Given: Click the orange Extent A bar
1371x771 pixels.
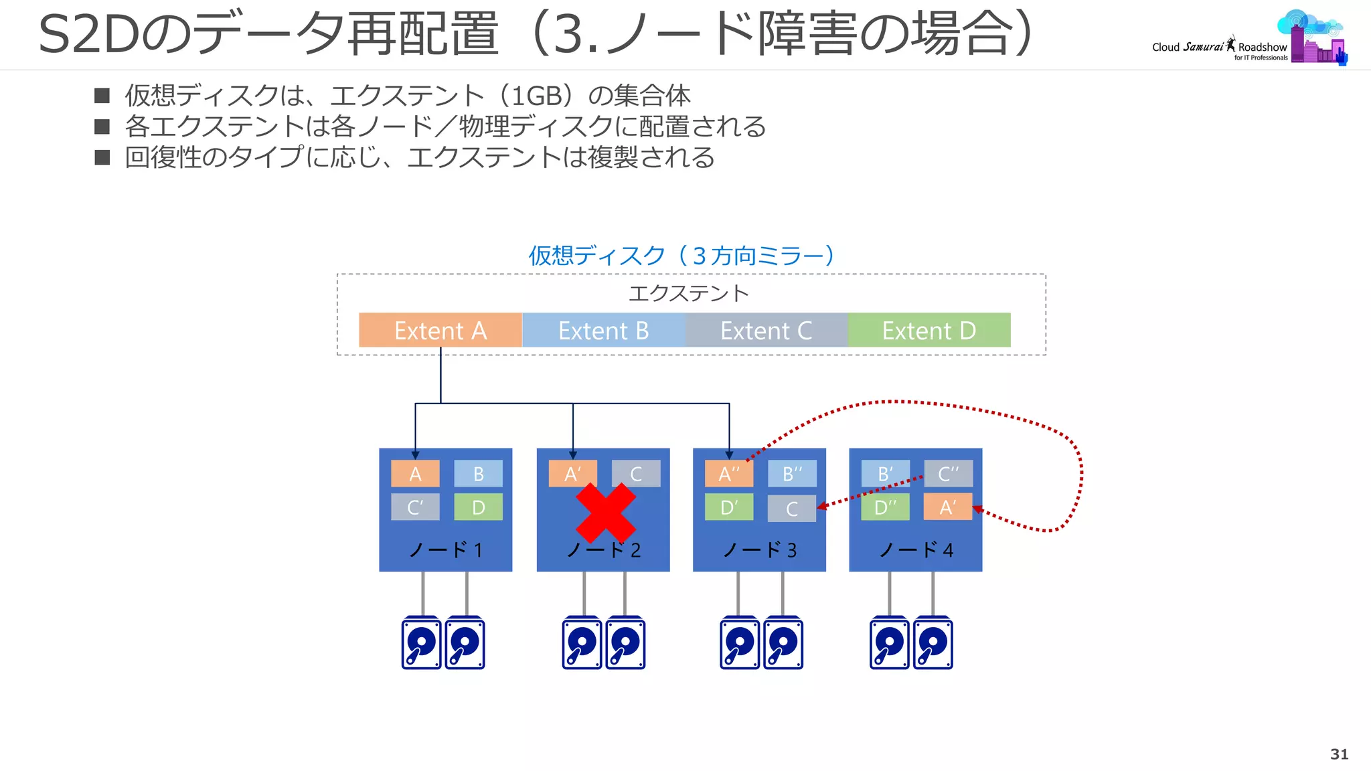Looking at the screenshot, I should (440, 330).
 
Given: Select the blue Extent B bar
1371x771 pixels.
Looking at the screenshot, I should (603, 330).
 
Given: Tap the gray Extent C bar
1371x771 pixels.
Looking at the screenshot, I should (766, 330).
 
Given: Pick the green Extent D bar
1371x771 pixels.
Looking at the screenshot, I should (929, 330).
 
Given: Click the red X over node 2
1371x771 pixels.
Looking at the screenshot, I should (606, 513).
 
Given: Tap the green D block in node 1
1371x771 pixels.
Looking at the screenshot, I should (478, 507).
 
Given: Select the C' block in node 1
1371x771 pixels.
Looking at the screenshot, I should (415, 507).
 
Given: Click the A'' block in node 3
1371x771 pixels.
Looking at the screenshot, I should (728, 474).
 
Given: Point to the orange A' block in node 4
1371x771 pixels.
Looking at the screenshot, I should (947, 507).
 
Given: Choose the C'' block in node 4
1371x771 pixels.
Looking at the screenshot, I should (948, 474).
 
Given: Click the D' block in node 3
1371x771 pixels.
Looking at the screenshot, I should (728, 507).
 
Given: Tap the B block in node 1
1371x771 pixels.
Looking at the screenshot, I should (478, 474).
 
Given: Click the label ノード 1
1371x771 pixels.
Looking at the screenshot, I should (445, 550).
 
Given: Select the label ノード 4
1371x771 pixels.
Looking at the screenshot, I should (915, 550).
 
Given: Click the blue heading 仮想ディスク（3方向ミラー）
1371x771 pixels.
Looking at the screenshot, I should (681, 256).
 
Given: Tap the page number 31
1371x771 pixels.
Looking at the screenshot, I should (1339, 754).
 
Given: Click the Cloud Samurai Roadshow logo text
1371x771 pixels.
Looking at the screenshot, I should (1218, 48).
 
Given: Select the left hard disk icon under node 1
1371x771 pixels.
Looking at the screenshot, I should (421, 643).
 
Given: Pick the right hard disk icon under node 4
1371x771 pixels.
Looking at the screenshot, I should (933, 643).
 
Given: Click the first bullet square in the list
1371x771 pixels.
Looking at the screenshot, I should (102, 96).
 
